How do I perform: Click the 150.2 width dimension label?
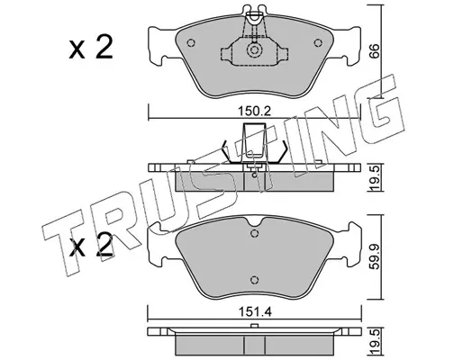[255, 112]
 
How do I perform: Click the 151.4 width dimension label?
[255, 312]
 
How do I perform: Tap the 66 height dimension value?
[373, 51]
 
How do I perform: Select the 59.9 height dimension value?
[374, 256]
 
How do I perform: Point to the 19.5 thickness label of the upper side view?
[374, 178]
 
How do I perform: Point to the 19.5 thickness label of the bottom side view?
[374, 341]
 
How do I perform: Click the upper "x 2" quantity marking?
[91, 47]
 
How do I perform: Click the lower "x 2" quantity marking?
[91, 245]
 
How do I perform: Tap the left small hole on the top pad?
[191, 43]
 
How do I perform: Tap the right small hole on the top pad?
[318, 43]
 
